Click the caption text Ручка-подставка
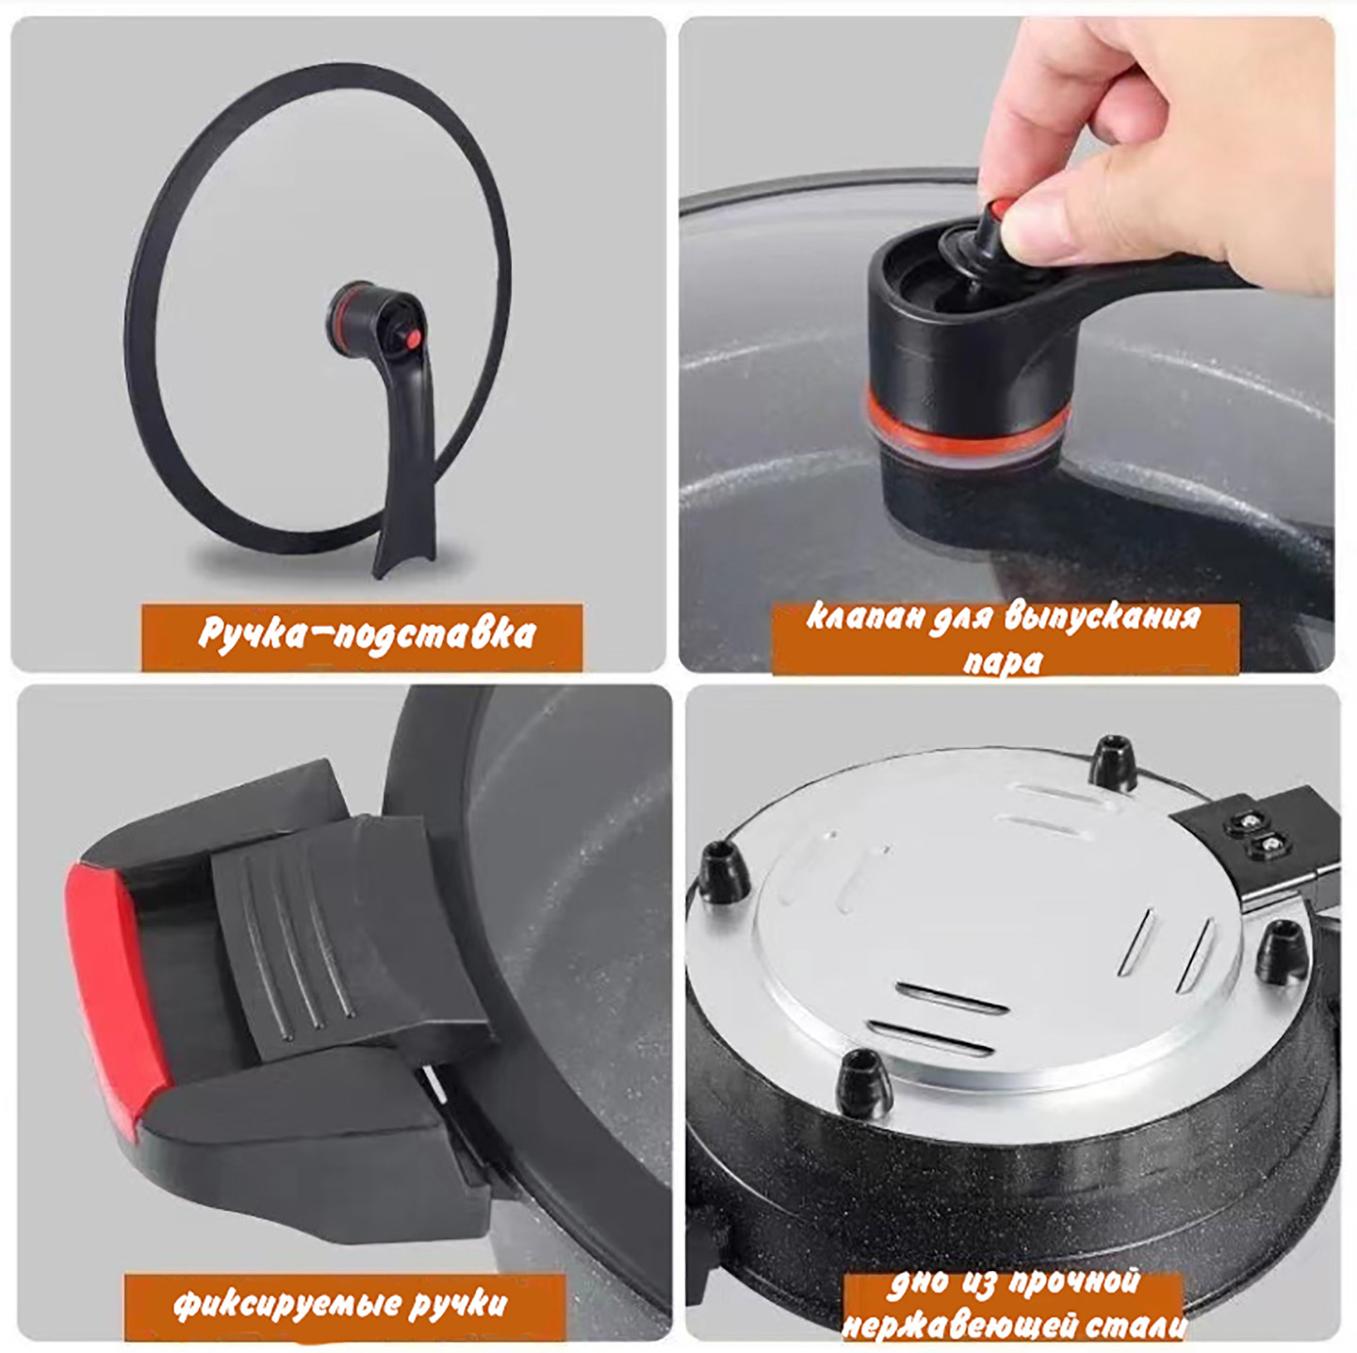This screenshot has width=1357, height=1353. click(367, 632)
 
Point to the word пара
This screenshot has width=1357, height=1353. click(1002, 660)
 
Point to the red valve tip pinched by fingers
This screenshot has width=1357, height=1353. click(1000, 208)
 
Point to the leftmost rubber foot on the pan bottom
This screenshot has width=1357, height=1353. click(723, 871)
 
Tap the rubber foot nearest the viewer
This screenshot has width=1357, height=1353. click(865, 1085)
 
